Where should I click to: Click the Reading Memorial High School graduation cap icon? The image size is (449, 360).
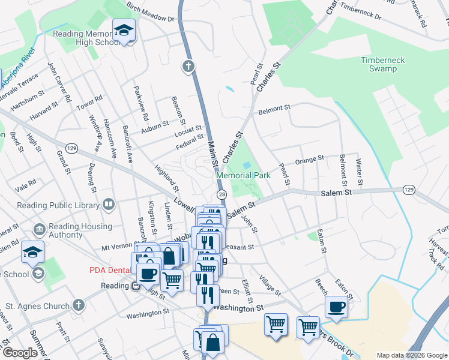click(124, 31)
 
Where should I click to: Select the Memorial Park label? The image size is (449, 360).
click(243, 176)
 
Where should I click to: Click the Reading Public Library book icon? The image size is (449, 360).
click(109, 205)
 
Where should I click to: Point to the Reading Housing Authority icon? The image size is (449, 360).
click(39, 230)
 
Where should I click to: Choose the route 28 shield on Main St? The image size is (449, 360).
click(221, 195)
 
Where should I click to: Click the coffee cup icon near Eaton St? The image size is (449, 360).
click(337, 307)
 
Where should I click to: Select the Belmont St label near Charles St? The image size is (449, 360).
click(274, 109)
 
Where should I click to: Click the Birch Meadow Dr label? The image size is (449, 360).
click(150, 12)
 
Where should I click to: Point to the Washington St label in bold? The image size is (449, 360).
click(238, 308)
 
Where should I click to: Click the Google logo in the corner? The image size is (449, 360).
click(20, 353)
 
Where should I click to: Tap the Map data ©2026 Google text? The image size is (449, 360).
click(411, 355)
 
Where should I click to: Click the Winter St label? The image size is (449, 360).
click(358, 171)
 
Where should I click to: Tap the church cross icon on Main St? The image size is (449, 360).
click(189, 65)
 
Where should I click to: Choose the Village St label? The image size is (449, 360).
click(270, 284)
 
